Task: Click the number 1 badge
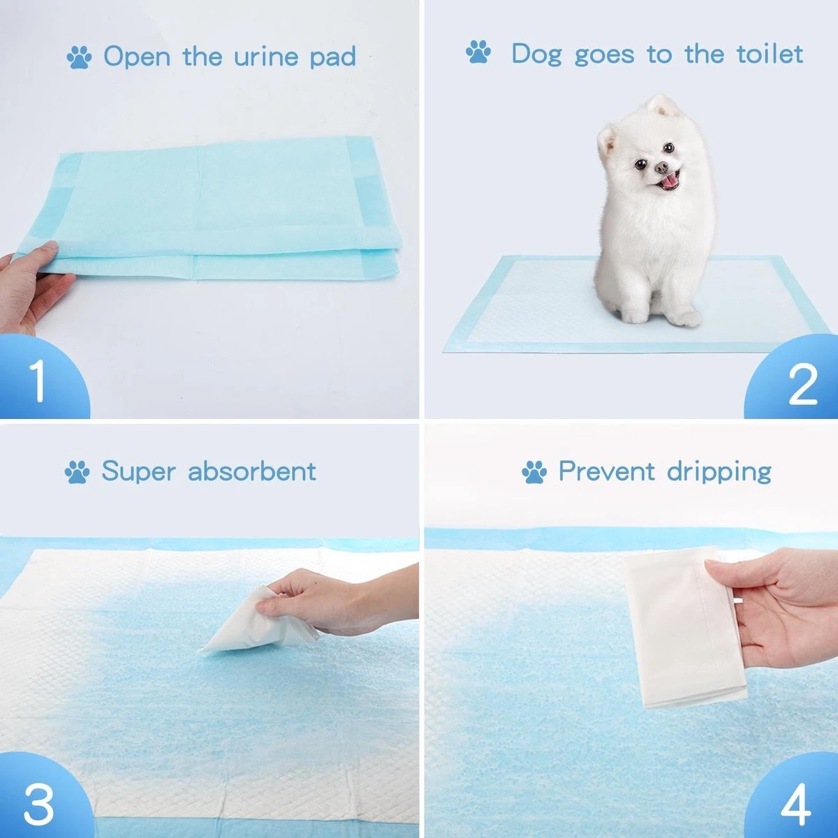click(x=38, y=381)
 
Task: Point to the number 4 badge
click(x=796, y=802)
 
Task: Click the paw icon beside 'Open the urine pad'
click(x=80, y=57)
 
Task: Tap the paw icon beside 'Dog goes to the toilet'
click(x=478, y=52)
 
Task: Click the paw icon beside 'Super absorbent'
click(x=77, y=473)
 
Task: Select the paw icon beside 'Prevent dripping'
click(x=534, y=473)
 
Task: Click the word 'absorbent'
click(x=252, y=471)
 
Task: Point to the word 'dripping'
click(x=719, y=473)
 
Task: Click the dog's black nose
click(x=660, y=168)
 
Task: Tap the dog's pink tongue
click(x=670, y=183)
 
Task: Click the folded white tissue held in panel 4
click(x=684, y=628)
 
